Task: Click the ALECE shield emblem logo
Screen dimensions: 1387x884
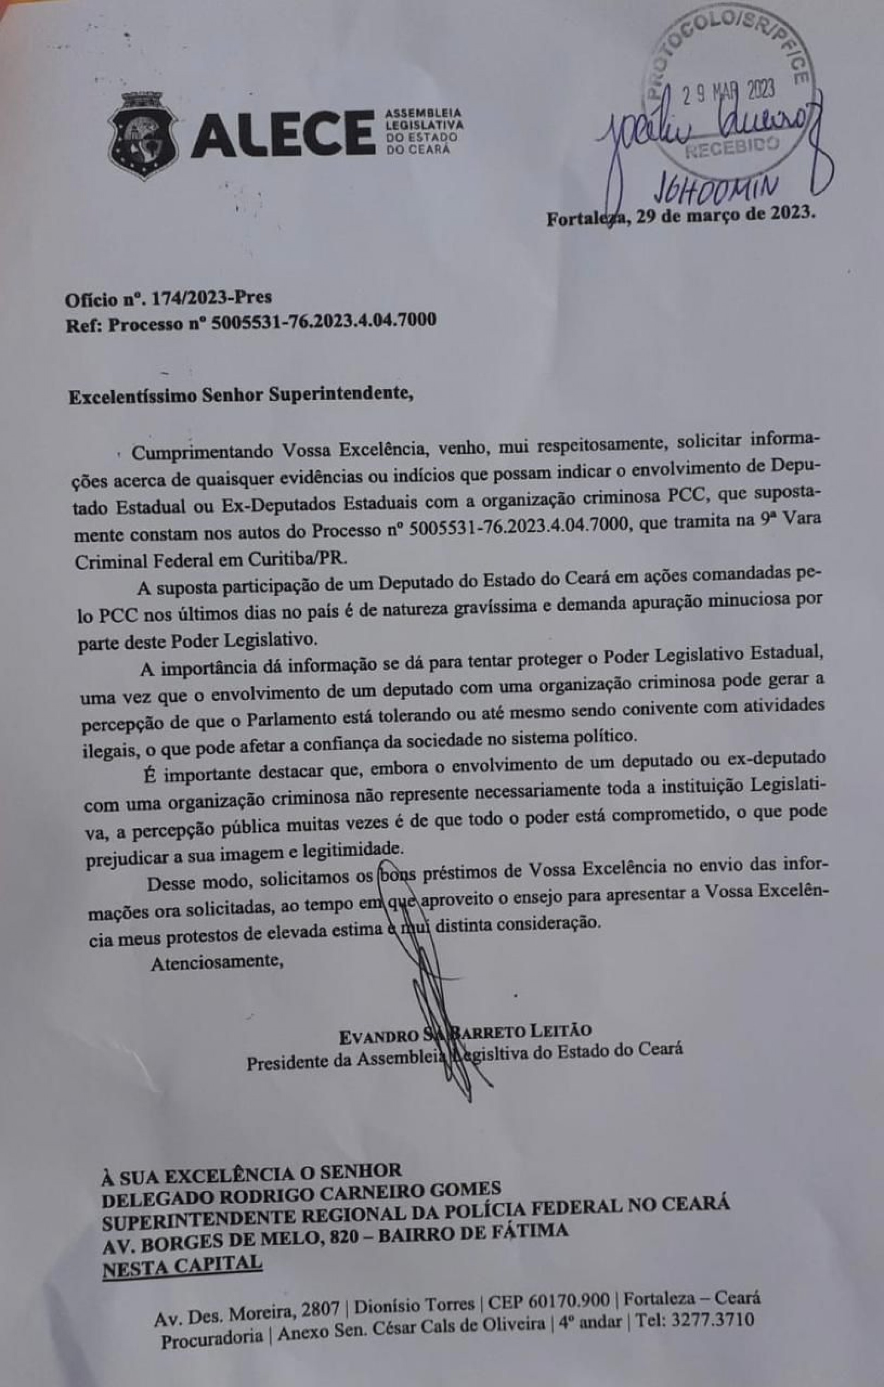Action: pos(145,136)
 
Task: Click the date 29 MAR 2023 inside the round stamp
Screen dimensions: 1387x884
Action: pos(727,92)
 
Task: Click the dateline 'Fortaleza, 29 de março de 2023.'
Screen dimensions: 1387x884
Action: pos(681,217)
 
